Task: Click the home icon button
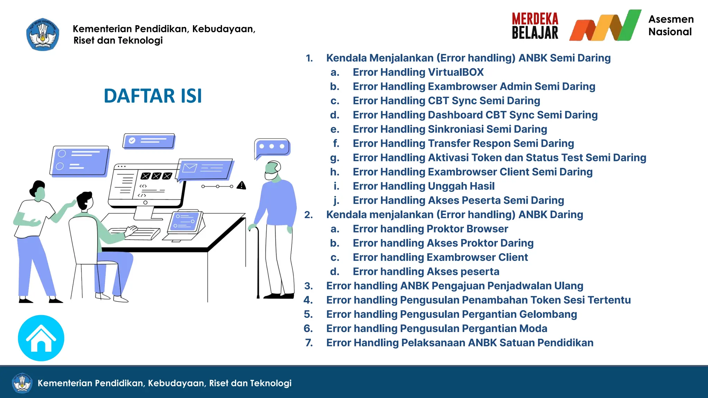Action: click(x=41, y=338)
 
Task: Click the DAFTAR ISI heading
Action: click(x=153, y=96)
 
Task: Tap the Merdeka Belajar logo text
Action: click(x=535, y=26)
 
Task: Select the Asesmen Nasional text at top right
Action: click(x=671, y=26)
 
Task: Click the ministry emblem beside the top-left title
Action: click(x=43, y=35)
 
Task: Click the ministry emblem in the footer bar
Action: click(x=22, y=383)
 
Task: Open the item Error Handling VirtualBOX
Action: click(x=418, y=72)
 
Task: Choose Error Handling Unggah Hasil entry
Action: click(x=423, y=186)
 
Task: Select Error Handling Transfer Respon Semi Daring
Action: click(x=463, y=143)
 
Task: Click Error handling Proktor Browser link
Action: click(x=430, y=229)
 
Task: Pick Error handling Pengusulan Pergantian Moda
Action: click(x=437, y=329)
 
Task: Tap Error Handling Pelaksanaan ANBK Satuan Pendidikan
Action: click(x=460, y=343)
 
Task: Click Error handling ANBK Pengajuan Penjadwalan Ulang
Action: click(x=455, y=286)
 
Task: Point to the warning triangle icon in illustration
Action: click(x=241, y=186)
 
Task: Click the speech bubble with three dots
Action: click(x=272, y=147)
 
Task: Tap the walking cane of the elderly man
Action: click(x=258, y=263)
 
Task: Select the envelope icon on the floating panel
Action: click(x=190, y=168)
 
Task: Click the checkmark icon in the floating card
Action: click(x=132, y=141)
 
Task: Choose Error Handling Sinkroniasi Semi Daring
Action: click(x=450, y=129)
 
